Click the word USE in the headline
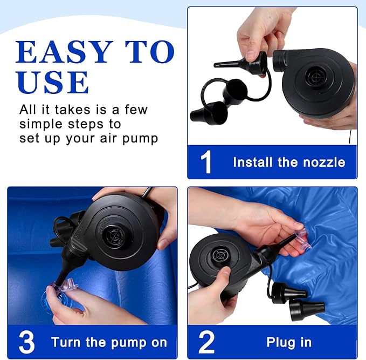[52, 82]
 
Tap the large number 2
[206, 342]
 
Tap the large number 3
[26, 342]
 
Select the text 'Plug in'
[289, 342]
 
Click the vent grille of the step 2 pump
[219, 255]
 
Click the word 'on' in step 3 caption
[159, 342]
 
